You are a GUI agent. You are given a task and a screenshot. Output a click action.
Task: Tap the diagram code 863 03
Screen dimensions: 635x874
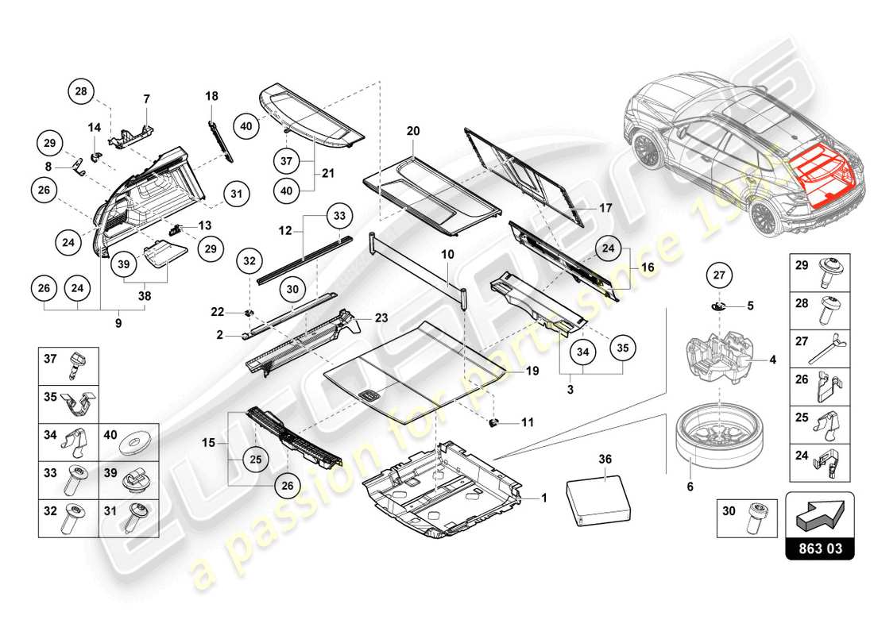(820, 548)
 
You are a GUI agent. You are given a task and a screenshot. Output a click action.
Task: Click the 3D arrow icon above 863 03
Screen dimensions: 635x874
(819, 514)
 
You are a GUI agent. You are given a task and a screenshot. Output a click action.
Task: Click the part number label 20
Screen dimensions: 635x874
(412, 130)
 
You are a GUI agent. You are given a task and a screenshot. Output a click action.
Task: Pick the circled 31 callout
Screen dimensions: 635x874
(236, 192)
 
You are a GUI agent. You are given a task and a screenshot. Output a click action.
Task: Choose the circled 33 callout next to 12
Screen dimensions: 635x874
(340, 215)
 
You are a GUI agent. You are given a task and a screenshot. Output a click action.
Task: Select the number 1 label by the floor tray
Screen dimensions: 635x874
(544, 498)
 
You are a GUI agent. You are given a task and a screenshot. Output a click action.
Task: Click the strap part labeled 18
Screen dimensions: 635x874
(220, 139)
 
